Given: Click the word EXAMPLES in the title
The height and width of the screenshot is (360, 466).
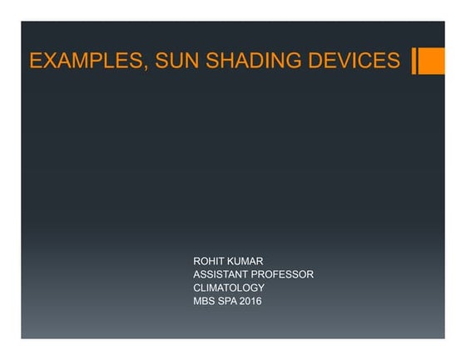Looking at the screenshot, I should tap(82, 61).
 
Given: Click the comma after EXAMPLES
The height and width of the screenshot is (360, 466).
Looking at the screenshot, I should tap(137, 67).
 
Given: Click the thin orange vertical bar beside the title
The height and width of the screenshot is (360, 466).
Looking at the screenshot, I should tap(414, 60).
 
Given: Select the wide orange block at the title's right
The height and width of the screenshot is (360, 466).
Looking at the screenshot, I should tap(432, 60).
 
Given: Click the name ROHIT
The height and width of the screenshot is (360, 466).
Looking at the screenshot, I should tap(207, 261).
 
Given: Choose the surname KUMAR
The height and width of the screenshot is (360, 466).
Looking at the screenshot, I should tap(245, 261).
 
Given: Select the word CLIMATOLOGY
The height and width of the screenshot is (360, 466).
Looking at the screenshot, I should tap(229, 288).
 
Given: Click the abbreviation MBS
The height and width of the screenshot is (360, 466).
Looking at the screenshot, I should tap(203, 301).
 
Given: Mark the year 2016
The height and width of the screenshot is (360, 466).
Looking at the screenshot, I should tap(250, 301).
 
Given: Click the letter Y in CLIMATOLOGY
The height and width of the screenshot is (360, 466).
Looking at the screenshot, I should tap(261, 288).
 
